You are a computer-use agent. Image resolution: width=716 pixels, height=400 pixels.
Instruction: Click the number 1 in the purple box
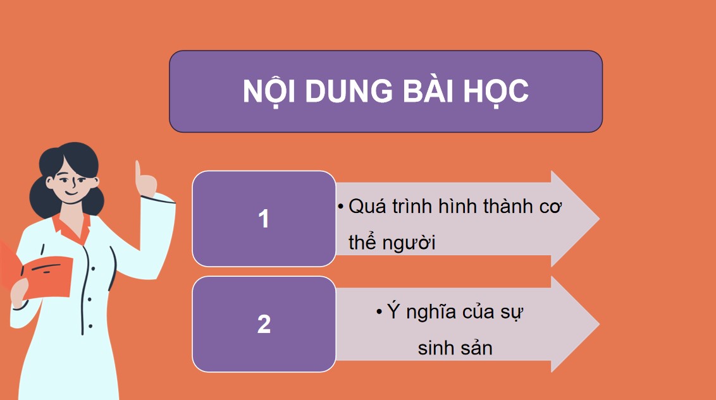tap(264, 219)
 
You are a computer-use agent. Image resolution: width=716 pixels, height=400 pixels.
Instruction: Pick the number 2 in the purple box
tap(264, 325)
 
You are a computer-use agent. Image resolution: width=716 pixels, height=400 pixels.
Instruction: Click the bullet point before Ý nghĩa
tap(378, 312)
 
